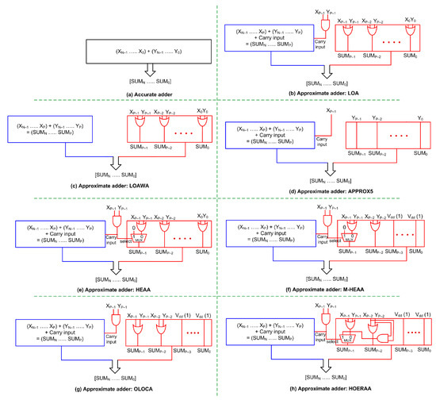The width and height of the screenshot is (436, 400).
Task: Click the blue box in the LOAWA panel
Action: (56, 137)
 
